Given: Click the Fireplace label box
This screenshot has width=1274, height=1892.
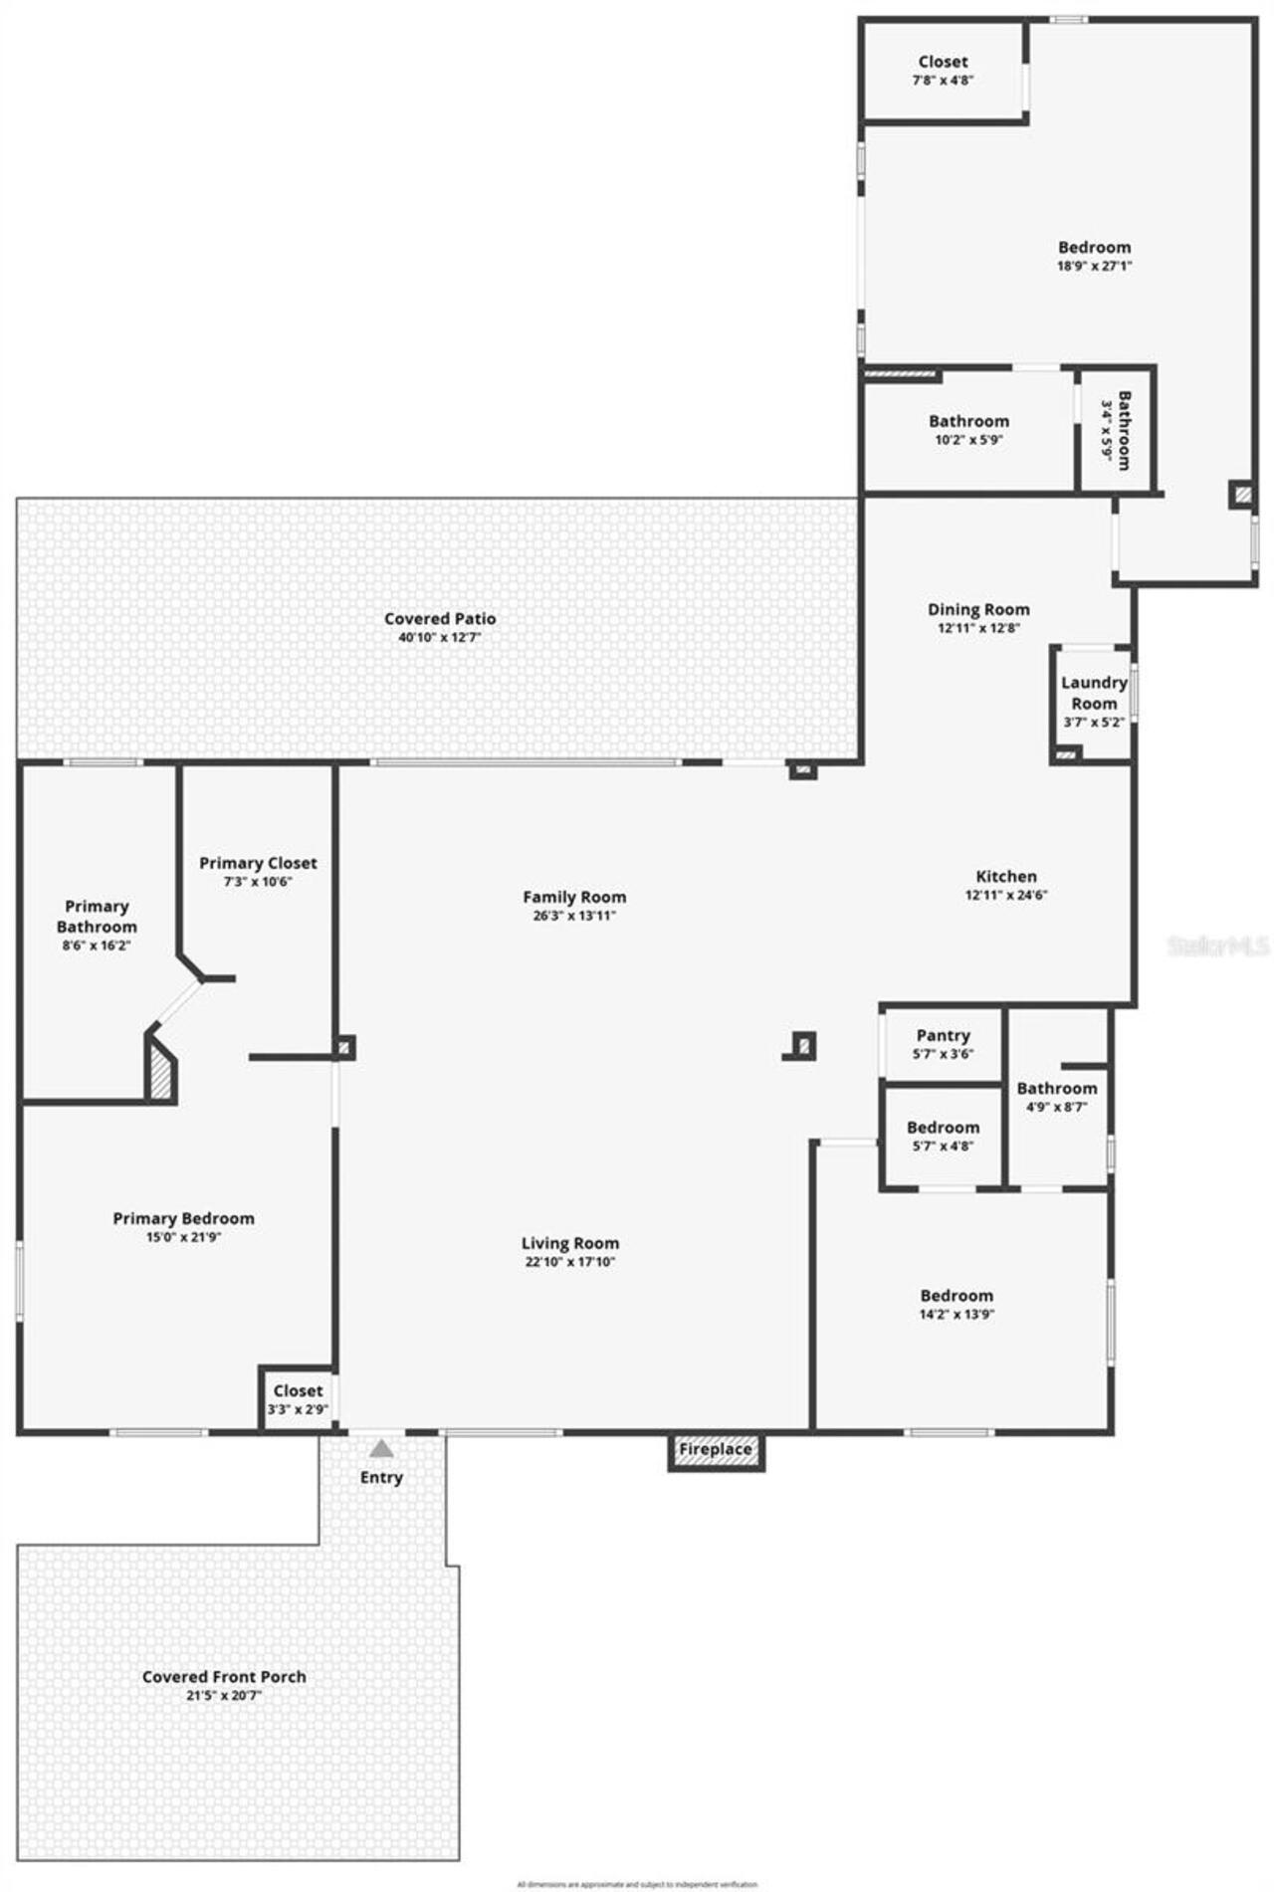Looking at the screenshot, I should tap(716, 1449).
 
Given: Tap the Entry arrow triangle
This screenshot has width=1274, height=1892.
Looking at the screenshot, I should tap(381, 1448).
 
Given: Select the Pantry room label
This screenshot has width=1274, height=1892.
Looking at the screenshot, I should tap(943, 1035).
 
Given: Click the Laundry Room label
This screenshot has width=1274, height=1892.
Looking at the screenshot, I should tap(1093, 693).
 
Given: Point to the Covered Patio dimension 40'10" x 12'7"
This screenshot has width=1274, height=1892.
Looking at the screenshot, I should tap(439, 637).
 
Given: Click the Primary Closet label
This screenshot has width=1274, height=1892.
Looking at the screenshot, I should tap(258, 863).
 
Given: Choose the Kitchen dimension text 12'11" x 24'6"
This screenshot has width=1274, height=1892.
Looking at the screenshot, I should tap(1005, 895).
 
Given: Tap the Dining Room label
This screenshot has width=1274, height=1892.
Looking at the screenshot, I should tap(978, 609).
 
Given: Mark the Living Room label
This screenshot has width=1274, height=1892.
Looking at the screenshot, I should tap(570, 1243).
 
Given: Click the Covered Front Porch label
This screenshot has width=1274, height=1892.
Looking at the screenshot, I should tap(224, 1676).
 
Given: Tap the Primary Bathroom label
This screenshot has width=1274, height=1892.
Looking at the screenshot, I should tap(97, 916).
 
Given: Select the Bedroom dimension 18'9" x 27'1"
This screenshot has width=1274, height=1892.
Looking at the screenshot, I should tap(1094, 266).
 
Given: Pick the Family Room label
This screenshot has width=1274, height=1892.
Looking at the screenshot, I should tap(574, 897).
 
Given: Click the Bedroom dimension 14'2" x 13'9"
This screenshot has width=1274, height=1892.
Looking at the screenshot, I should tap(956, 1314).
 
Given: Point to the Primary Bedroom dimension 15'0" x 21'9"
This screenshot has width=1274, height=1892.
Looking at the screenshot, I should tap(183, 1237).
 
